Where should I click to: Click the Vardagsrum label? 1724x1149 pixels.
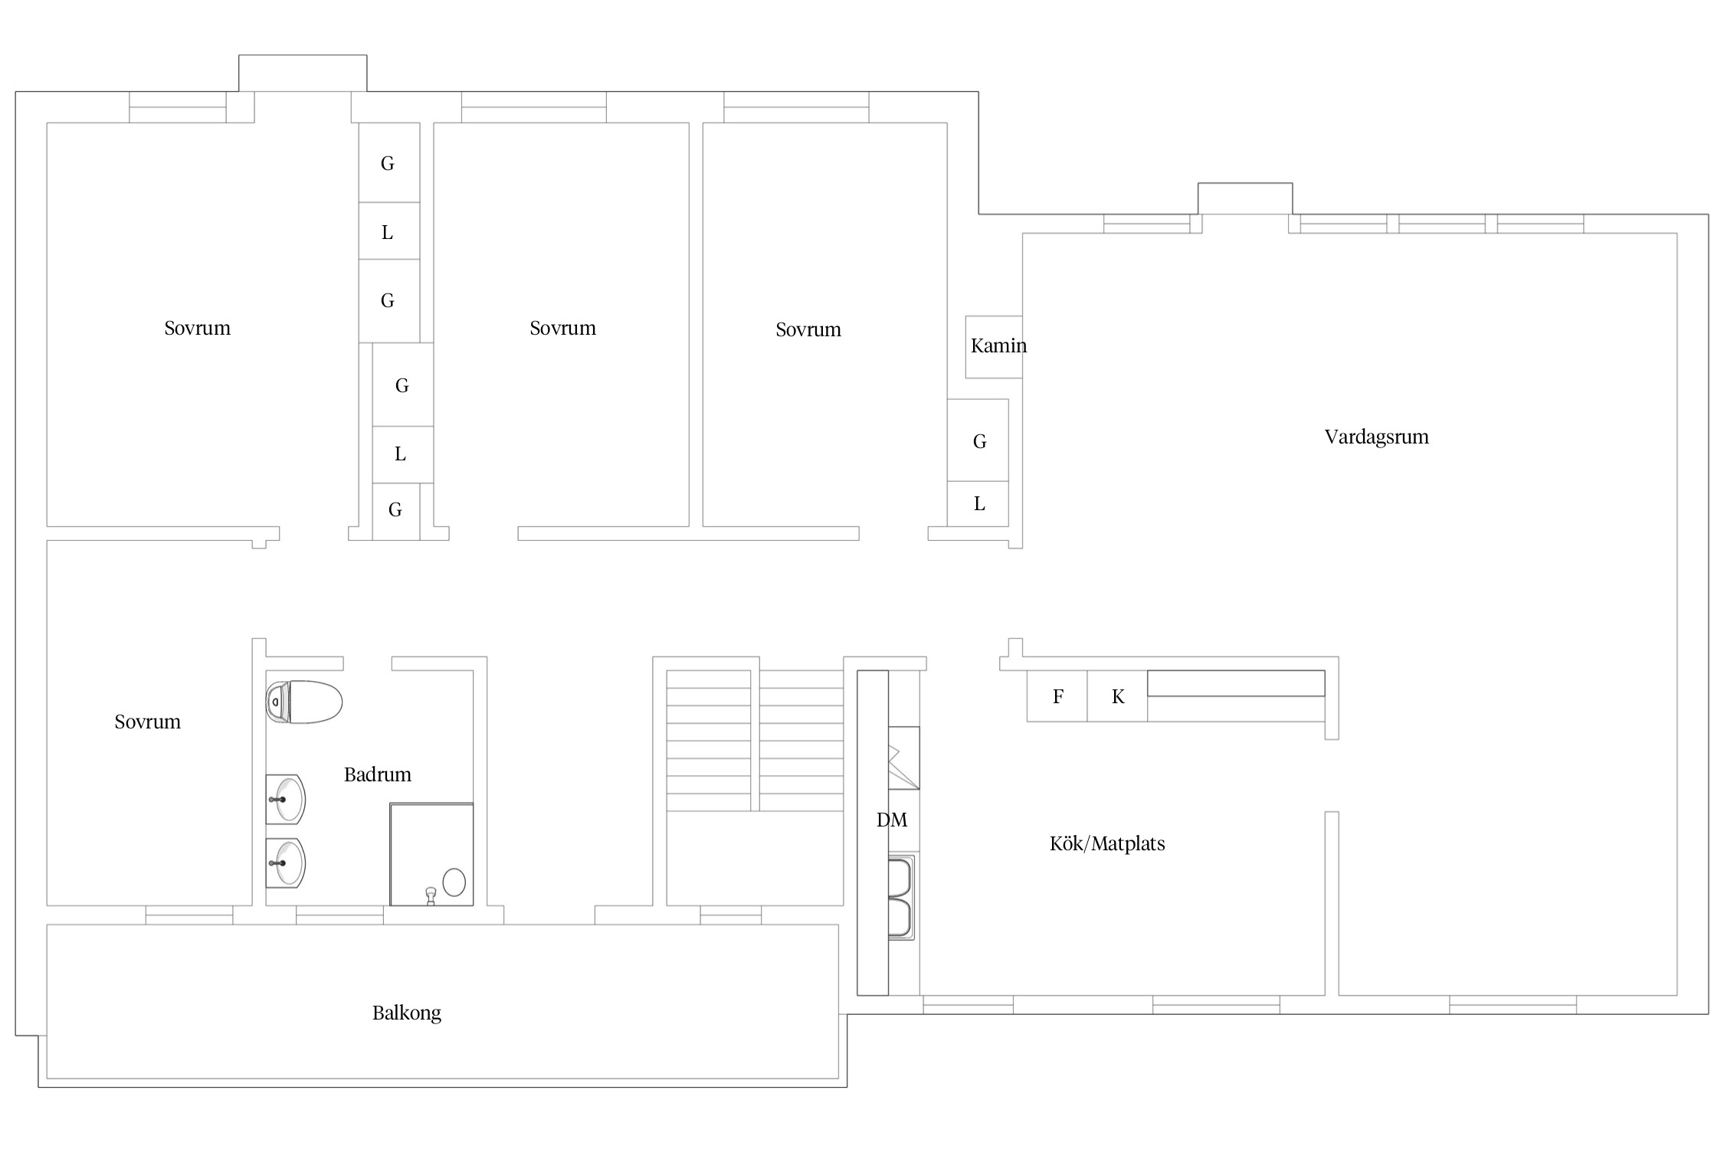[1376, 437]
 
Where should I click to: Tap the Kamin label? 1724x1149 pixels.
[998, 345]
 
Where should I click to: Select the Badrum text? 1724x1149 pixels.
[377, 774]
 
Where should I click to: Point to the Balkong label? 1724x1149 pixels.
[406, 1013]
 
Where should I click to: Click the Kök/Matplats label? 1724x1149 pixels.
[1106, 843]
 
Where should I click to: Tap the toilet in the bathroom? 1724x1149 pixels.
[303, 702]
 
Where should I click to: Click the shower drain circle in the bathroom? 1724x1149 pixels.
[454, 882]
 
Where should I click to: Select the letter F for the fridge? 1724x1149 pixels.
[1058, 696]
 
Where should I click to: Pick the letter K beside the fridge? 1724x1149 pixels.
[1118, 696]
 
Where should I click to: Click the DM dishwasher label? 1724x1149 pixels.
[892, 820]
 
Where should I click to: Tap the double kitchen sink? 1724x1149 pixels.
[901, 898]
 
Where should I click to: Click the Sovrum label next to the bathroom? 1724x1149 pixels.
[147, 722]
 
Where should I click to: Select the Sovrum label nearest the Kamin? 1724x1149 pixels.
[808, 329]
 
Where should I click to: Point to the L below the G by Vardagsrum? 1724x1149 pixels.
[979, 504]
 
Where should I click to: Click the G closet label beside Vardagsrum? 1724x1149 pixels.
[979, 441]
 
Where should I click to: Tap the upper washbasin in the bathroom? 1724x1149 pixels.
[285, 799]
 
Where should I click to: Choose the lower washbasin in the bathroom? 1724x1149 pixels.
[285, 863]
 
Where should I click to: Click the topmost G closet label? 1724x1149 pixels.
[388, 163]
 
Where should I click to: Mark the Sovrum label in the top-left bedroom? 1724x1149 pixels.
[197, 328]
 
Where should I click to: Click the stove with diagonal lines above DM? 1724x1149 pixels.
[903, 758]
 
